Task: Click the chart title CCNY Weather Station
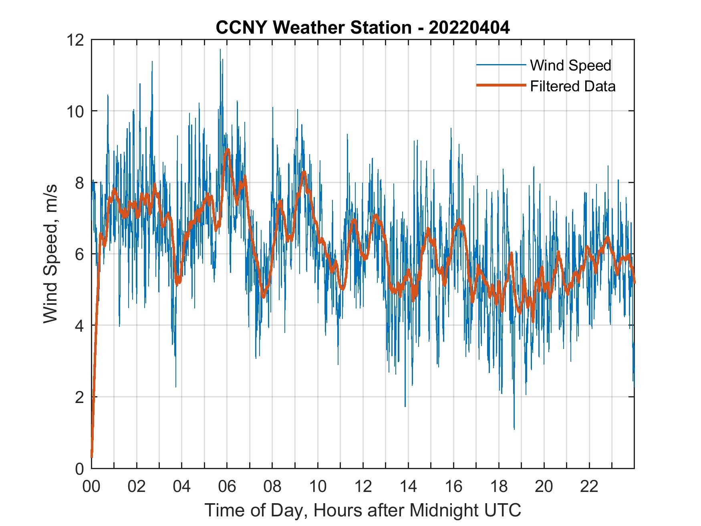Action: pos(313,28)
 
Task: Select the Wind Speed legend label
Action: pos(570,65)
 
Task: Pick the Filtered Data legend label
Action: pos(572,86)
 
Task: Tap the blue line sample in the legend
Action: pos(501,65)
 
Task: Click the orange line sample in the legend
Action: pos(501,86)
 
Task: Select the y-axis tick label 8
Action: pos(79,183)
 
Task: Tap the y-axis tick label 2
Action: pos(79,397)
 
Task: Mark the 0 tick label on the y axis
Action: pos(79,468)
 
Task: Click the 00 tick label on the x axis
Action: pos(91,487)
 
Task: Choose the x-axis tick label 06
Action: pos(227,487)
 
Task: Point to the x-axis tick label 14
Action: pos(408,487)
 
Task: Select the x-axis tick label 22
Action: pos(589,487)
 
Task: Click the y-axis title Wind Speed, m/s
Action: pos(50,254)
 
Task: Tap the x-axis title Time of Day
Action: pos(363,510)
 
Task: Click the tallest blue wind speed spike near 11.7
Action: pos(220,50)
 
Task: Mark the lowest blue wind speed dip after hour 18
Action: pos(514,429)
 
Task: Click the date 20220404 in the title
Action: pos(469,28)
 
